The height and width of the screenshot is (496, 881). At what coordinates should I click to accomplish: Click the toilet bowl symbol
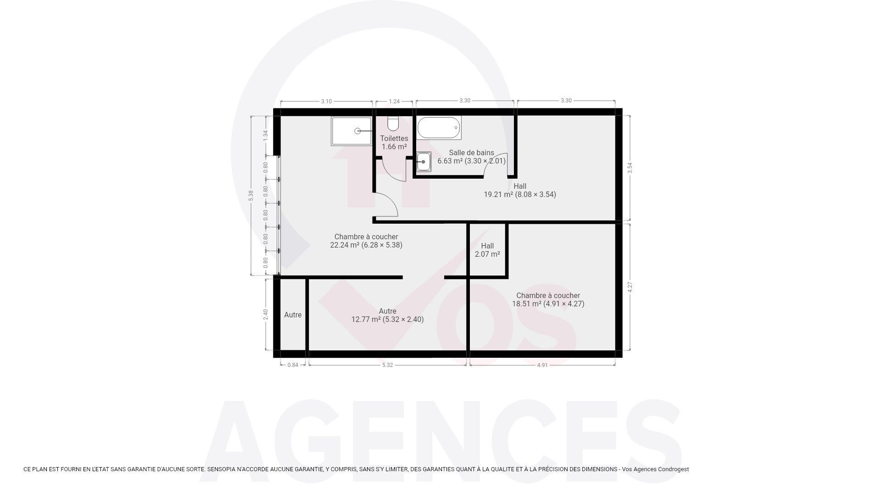click(393, 123)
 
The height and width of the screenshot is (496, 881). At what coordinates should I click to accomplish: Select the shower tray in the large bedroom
click(351, 131)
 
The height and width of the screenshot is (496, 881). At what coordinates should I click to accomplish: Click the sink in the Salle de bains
click(424, 162)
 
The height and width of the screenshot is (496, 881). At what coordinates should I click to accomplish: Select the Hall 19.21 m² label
click(520, 190)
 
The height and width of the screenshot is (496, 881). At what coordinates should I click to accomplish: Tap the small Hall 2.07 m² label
click(487, 250)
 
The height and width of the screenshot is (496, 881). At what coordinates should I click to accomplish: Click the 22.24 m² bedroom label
click(366, 241)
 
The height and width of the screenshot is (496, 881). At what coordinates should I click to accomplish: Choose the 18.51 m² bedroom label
click(548, 299)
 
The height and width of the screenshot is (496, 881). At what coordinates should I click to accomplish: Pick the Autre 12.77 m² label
click(388, 315)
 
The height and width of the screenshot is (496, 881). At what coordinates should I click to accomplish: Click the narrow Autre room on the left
click(293, 315)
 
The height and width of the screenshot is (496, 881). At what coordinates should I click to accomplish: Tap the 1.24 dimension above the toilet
click(394, 101)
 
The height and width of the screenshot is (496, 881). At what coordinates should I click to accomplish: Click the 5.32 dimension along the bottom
click(388, 365)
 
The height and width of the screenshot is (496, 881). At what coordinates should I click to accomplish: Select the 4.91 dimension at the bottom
click(542, 365)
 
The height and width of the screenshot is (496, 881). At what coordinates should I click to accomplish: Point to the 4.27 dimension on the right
click(630, 287)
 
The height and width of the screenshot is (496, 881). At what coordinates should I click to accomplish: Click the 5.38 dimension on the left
click(251, 196)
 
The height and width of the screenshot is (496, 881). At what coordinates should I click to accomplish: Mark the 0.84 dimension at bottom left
click(293, 365)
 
